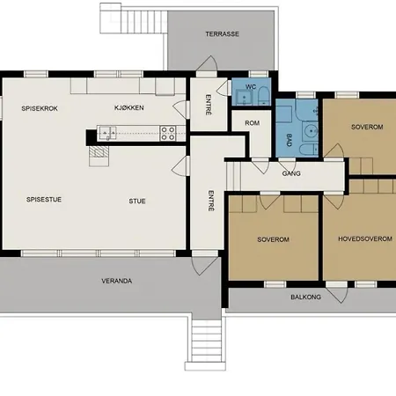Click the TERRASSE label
point(222,34)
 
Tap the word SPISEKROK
point(40,108)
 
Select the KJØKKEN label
point(129,107)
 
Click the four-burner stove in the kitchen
point(168,133)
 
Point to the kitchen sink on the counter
point(106,133)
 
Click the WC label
point(251,87)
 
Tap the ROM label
point(253,123)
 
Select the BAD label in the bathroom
point(289,140)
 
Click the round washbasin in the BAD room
point(310,130)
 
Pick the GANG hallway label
point(291,173)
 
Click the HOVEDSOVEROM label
point(365,238)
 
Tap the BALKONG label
point(305,297)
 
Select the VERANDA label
point(117,281)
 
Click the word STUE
point(137,202)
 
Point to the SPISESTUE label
point(44,200)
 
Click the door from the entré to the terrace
point(207,63)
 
